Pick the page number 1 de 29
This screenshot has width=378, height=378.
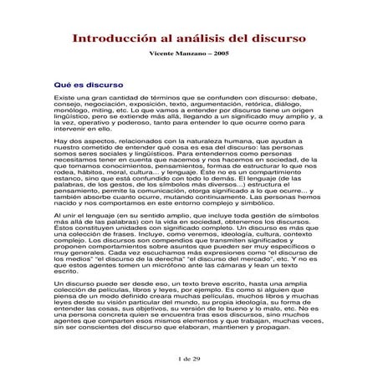pyautogui.click(x=189, y=357)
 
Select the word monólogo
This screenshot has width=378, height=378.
pyautogui.click(x=70, y=112)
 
